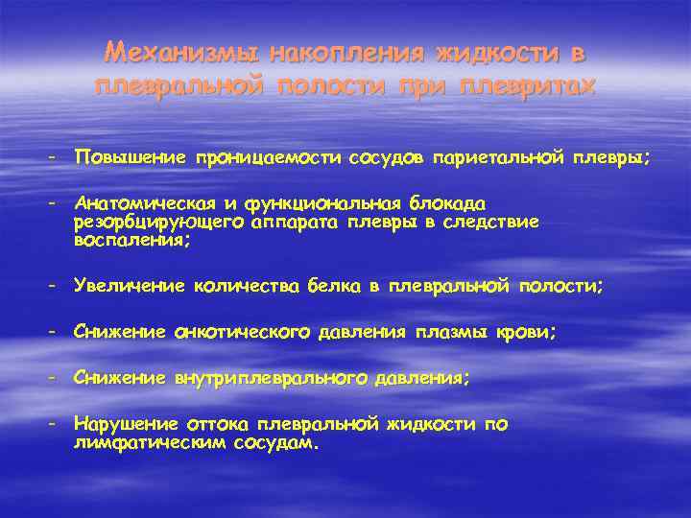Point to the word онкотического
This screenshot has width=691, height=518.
click(x=242, y=332)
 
